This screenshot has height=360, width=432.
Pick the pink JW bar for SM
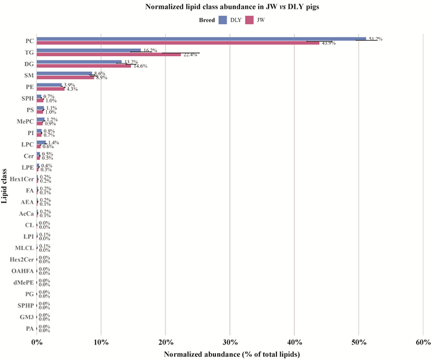pos(65,78)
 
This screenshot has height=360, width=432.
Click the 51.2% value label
pos(375,39)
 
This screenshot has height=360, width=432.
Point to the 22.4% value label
pos(189,54)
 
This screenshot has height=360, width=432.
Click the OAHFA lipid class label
pos(22,271)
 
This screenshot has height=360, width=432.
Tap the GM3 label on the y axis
pos(25,317)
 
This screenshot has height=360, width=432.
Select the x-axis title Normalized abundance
pos(231,354)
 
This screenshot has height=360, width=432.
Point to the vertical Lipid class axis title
pos(5,185)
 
